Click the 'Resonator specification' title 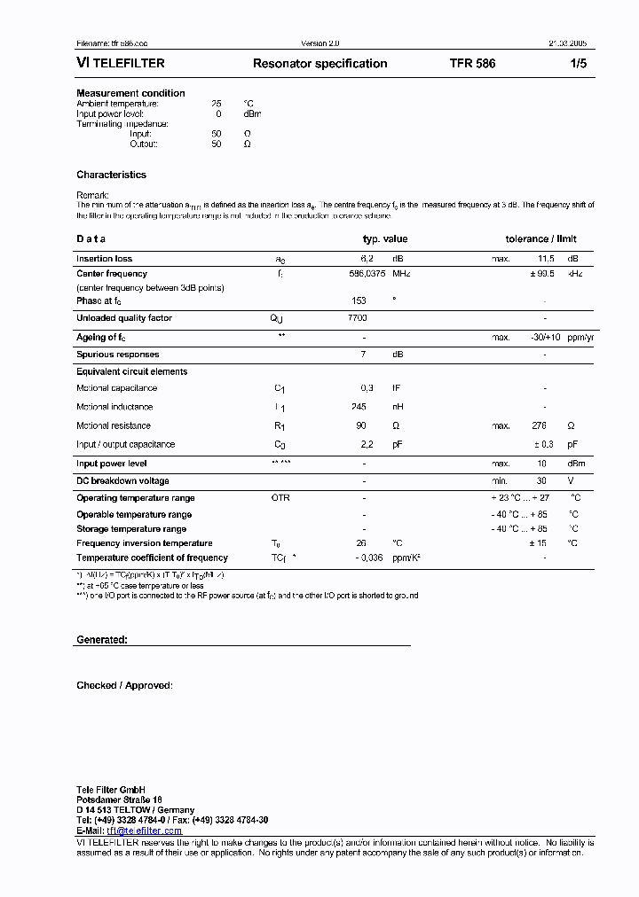pos(319,64)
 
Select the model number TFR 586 pos(472,64)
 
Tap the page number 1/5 pos(579,64)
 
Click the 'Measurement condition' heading pos(130,93)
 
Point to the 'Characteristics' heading pos(111,175)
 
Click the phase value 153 pos(359,300)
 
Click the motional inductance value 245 pos(359,407)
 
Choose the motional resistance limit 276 pos(540,425)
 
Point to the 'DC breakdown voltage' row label pos(122,480)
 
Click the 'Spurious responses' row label pos(117,355)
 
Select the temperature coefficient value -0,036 pos(369,558)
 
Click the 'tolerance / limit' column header pos(540,239)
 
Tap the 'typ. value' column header pos(385,239)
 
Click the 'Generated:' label pos(101,639)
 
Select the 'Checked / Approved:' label pos(124,685)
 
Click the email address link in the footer pos(146,831)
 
